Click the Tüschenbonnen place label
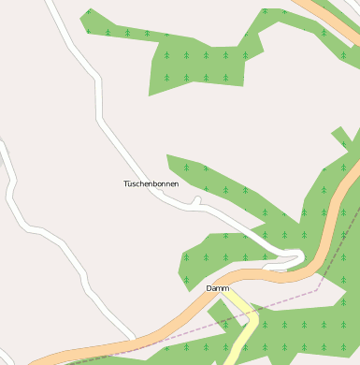coord(151,184)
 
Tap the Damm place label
coord(218,288)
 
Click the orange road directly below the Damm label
coord(217,301)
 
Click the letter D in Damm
coord(209,288)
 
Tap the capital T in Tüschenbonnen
coord(125,184)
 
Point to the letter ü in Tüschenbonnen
coord(131,184)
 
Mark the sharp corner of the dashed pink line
coord(316,290)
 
